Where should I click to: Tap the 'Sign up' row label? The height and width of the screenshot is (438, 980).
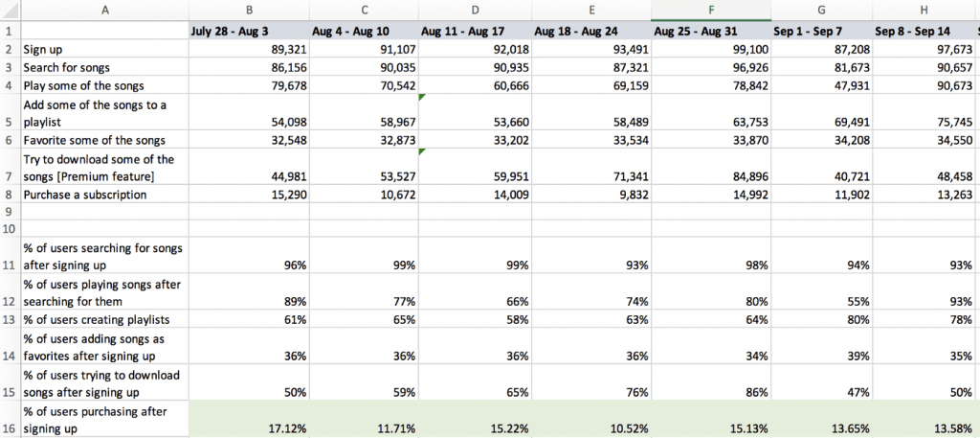pos(50,49)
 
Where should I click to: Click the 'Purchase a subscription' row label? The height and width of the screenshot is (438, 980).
pos(85,195)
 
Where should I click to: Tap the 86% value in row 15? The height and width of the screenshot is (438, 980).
pos(758,392)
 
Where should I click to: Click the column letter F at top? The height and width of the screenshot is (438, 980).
pos(711,10)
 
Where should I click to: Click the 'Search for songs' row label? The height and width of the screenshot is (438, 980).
pos(67,67)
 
